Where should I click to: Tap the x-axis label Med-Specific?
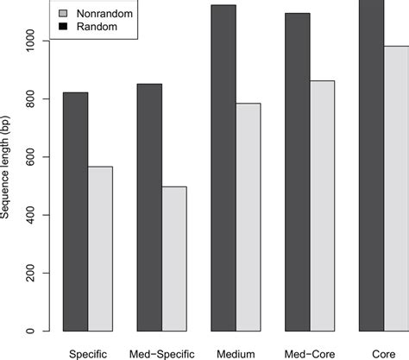click(x=161, y=352)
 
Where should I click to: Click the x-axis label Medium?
click(x=236, y=352)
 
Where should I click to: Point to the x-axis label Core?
click(x=384, y=352)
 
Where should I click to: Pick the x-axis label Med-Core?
click(x=310, y=352)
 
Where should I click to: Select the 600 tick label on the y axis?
click(x=32, y=157)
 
